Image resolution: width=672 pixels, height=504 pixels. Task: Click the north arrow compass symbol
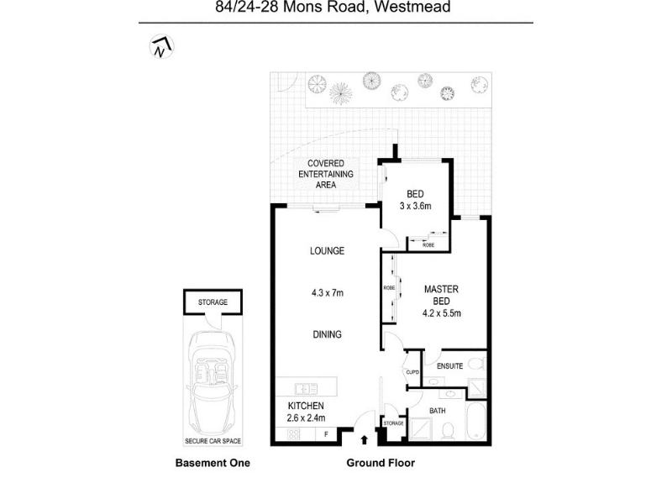click(x=159, y=48)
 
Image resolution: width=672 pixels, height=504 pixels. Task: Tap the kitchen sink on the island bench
click(x=306, y=388)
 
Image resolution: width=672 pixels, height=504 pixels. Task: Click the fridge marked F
click(x=326, y=434)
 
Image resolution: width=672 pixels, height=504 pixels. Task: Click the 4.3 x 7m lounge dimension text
click(x=327, y=292)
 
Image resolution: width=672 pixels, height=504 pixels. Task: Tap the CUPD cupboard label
click(x=412, y=373)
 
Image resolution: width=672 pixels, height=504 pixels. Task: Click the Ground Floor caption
click(x=381, y=463)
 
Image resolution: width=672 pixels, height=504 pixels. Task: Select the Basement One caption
click(x=212, y=463)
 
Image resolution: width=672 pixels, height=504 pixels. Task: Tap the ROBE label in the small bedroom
click(x=428, y=244)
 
